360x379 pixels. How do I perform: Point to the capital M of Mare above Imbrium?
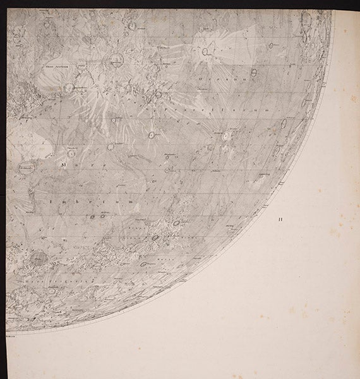(x=63, y=164)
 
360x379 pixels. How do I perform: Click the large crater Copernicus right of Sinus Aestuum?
(x=116, y=61)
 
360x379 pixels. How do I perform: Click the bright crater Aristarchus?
(x=225, y=135)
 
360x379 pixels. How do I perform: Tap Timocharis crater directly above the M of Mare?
(x=71, y=152)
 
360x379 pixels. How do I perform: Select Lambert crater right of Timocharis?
(x=111, y=146)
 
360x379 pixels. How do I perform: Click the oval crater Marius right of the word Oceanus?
(x=253, y=73)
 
